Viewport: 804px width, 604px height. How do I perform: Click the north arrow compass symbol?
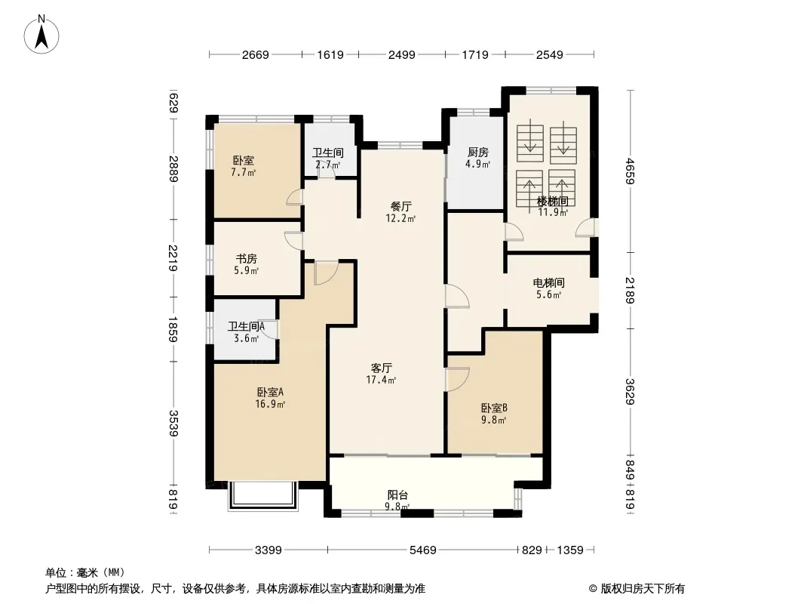(41, 35)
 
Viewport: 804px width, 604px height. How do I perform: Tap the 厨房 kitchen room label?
(478, 152)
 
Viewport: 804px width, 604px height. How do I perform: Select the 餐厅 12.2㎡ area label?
(400, 212)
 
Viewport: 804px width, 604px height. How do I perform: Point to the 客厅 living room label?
(382, 368)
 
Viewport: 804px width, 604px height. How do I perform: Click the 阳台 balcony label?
(397, 495)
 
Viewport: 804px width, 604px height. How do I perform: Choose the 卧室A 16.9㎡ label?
(270, 398)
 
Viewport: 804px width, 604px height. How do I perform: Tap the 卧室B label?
(494, 408)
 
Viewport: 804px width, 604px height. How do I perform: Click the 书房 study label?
(246, 259)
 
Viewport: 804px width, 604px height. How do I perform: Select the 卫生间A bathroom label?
(246, 326)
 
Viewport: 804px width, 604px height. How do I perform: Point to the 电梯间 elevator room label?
(548, 282)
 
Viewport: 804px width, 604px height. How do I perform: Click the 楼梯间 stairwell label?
(552, 201)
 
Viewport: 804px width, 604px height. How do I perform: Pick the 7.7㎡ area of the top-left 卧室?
(243, 172)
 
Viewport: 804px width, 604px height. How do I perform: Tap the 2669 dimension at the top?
(256, 54)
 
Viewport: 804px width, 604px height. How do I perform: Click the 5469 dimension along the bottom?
(422, 550)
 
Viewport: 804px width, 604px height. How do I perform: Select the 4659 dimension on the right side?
(631, 171)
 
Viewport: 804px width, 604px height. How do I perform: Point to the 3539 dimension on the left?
(173, 423)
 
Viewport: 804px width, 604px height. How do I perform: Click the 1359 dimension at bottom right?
(570, 550)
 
